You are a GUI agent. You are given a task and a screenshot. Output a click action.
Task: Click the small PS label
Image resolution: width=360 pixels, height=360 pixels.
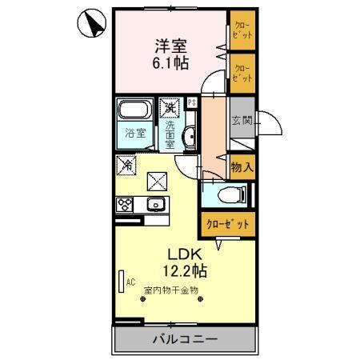192,102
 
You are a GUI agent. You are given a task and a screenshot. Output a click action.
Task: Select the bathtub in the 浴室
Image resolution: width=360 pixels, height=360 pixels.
134,111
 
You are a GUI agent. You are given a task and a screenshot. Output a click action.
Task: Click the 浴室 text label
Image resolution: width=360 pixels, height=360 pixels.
134,134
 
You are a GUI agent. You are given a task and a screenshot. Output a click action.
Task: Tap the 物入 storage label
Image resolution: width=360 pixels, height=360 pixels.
242,167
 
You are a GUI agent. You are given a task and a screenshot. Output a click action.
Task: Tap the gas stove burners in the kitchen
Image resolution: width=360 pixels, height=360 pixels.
126,204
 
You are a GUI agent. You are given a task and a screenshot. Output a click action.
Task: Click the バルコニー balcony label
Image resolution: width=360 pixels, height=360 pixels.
185,339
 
